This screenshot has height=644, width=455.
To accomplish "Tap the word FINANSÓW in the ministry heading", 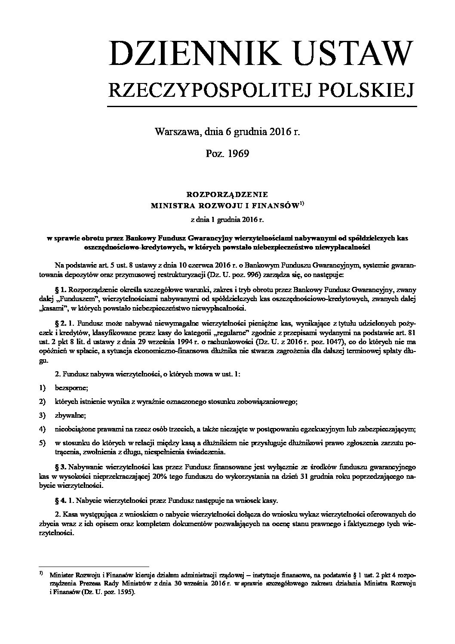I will coord(277,206).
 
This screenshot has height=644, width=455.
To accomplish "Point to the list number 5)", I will coord(42,443).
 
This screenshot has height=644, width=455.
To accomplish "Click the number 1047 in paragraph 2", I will coord(283,342).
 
